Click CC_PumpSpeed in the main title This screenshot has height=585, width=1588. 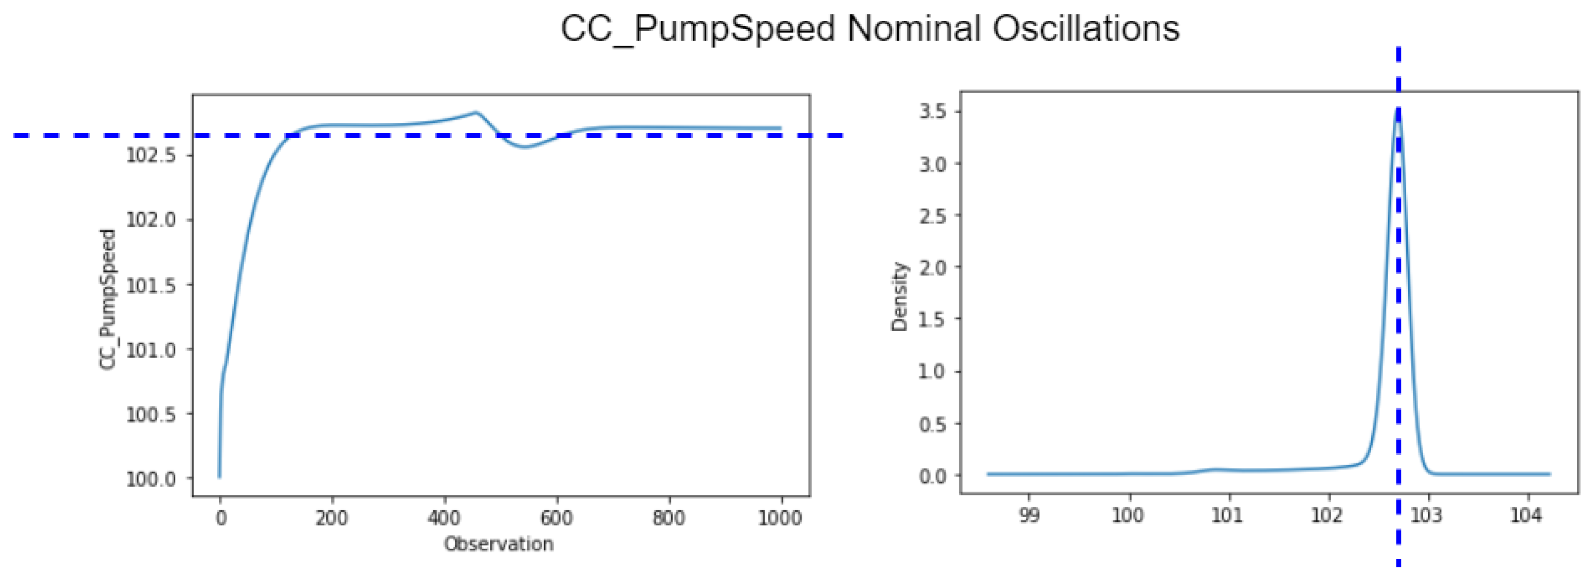(x=697, y=28)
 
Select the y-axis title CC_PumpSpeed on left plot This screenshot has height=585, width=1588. (x=107, y=300)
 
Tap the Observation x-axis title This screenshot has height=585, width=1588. (x=499, y=544)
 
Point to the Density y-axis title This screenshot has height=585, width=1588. (x=900, y=297)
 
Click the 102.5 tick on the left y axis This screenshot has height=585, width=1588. (x=151, y=155)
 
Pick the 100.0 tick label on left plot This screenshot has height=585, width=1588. (x=151, y=479)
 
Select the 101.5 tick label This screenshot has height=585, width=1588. (x=151, y=285)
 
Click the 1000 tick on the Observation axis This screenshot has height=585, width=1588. (x=780, y=518)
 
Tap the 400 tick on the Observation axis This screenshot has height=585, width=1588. (x=444, y=518)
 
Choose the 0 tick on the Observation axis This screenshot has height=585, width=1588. (x=221, y=518)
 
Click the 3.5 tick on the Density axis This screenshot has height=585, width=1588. (x=932, y=111)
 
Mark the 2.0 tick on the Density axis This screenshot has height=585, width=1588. (x=932, y=267)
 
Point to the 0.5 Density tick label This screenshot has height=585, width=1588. (x=932, y=424)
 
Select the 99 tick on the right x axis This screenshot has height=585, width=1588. (x=1029, y=515)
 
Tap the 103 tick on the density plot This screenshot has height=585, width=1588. (x=1427, y=515)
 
